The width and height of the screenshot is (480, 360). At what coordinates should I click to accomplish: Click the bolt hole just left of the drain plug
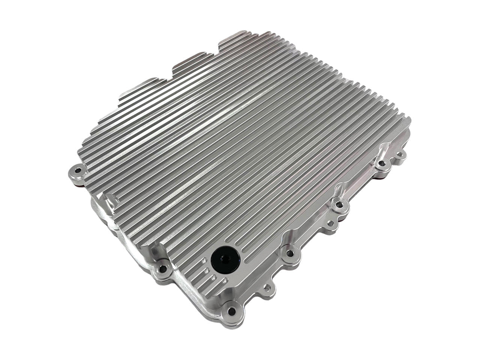pos(162,268)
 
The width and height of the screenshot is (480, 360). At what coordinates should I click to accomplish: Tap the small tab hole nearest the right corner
pos(401,153)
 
